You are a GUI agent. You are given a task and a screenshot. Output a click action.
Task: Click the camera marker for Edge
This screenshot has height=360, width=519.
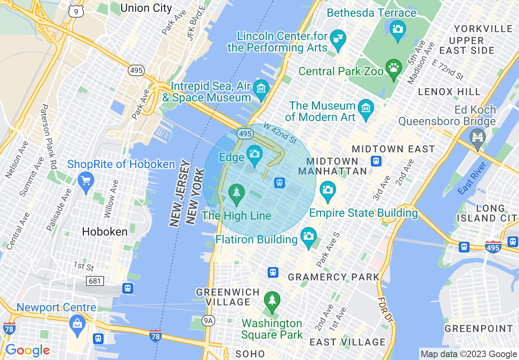[x=254, y=155]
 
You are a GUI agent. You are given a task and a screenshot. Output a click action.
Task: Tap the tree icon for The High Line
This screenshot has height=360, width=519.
[x=236, y=192]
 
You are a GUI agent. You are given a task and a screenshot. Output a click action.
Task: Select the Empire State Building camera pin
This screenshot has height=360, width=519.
[x=327, y=190]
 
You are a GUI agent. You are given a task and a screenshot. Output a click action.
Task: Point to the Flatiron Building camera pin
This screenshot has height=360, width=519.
[x=309, y=236]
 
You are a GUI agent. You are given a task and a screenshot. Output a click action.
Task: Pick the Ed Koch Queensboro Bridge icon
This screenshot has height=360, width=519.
[x=478, y=137]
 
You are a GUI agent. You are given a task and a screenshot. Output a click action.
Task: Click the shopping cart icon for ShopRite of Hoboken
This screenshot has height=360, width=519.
[x=86, y=180]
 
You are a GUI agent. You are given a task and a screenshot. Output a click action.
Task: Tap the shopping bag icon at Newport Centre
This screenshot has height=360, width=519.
[x=77, y=324]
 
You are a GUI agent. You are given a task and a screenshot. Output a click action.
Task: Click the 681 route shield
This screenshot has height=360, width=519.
[x=95, y=281]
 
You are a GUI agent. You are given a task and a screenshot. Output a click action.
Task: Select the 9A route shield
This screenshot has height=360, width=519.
[x=208, y=321]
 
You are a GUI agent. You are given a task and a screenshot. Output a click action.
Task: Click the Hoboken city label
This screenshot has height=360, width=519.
[x=105, y=232]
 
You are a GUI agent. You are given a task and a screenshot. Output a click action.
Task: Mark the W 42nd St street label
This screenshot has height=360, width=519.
[x=280, y=133]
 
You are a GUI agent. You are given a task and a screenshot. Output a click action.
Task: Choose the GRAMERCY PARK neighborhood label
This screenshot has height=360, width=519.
[x=334, y=277]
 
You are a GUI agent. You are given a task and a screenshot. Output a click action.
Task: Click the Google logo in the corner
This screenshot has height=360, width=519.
[x=27, y=350]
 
